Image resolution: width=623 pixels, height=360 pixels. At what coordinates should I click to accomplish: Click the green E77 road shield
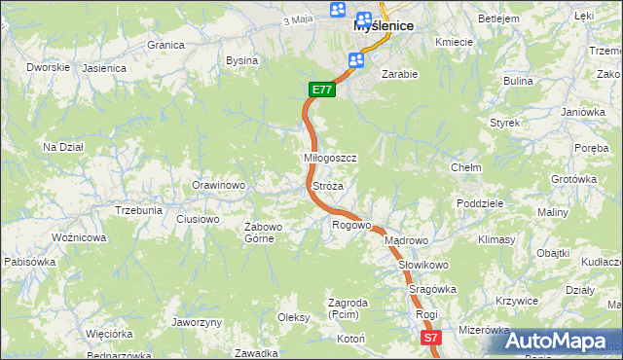click(323, 90)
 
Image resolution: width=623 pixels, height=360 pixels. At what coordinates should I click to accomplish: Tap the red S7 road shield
click(432, 338)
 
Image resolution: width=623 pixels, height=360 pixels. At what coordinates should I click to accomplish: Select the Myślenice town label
click(384, 26)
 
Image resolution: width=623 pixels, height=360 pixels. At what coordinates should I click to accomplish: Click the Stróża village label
click(328, 185)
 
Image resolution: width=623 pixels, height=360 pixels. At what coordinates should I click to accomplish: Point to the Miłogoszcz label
click(331, 158)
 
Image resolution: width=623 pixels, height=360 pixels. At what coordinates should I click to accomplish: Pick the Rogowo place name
click(351, 225)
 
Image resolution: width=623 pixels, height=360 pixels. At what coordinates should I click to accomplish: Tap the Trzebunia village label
click(138, 210)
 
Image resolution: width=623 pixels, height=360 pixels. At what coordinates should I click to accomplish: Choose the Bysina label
click(241, 60)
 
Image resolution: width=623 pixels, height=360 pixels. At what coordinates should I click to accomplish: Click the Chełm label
click(466, 167)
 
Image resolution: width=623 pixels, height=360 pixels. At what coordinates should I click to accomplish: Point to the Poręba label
click(591, 148)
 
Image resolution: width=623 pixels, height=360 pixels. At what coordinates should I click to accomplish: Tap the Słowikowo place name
click(422, 265)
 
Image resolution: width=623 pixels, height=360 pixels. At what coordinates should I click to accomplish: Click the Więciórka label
click(108, 333)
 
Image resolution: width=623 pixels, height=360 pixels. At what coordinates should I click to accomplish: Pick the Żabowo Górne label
click(263, 233)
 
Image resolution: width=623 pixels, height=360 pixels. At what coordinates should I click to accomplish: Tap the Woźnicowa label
click(79, 237)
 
